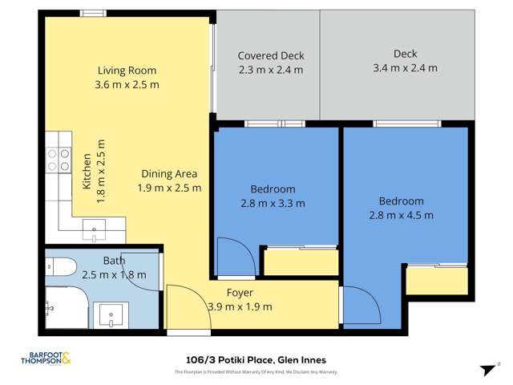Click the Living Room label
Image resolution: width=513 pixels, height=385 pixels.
[127, 71]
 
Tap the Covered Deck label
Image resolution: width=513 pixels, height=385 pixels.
[271, 56]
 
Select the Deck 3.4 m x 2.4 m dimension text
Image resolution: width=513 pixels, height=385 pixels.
[405, 68]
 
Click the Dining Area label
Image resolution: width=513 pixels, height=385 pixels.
[169, 173]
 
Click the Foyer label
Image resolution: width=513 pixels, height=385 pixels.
[240, 293]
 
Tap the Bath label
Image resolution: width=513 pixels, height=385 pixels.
[114, 261]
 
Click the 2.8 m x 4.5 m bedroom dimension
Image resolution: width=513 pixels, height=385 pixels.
[401, 215]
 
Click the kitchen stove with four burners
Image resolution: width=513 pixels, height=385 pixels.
[58, 160]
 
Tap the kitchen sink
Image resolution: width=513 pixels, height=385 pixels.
[95, 231]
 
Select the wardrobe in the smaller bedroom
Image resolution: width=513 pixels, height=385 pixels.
[301, 262]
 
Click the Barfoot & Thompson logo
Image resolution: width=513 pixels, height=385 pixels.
[45, 359]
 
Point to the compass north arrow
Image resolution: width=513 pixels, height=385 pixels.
[486, 368]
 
